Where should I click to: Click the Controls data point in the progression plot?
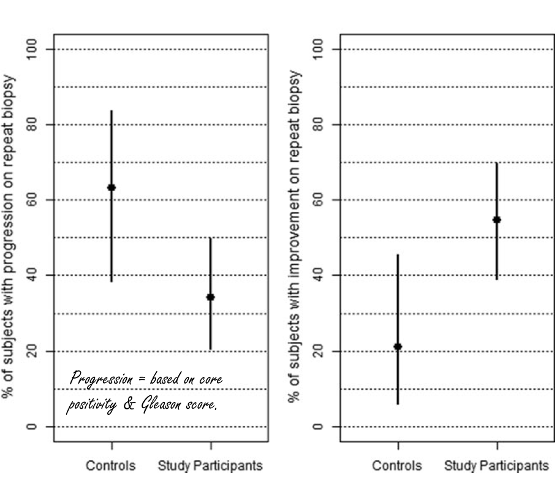click(112, 188)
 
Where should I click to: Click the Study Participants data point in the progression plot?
click(211, 297)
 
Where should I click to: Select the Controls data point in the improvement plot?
click(398, 347)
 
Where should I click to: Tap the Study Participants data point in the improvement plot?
click(497, 219)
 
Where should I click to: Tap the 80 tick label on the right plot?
click(318, 124)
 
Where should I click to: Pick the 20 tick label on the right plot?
click(318, 351)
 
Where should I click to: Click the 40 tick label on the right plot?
click(318, 275)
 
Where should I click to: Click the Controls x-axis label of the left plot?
click(110, 466)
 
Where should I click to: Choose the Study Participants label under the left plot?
click(210, 466)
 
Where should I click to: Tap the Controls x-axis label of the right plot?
click(397, 466)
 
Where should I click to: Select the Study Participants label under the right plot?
click(496, 466)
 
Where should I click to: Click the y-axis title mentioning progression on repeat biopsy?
click(9, 237)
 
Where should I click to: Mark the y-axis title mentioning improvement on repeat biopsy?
click(295, 237)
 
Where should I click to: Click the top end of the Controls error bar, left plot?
click(112, 111)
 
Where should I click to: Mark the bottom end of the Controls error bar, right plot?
click(398, 404)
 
